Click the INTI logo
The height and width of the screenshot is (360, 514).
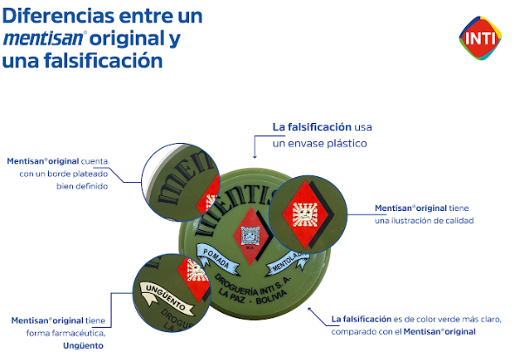click(480, 38)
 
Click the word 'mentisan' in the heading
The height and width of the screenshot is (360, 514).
click(44, 38)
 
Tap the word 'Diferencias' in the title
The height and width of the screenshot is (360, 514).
click(58, 16)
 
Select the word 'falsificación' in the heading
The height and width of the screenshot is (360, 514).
click(103, 61)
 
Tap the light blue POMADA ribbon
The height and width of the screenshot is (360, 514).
click(217, 258)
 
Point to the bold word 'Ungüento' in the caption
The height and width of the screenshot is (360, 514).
click(84, 345)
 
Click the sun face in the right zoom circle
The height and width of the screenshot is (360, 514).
click(305, 214)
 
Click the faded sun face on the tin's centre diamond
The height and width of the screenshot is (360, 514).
click(251, 235)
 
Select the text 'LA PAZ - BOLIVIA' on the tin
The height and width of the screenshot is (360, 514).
click(253, 296)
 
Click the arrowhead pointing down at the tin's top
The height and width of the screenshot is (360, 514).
click(254, 156)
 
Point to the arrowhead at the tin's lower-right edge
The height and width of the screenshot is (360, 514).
click(309, 309)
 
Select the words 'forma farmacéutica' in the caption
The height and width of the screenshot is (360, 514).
click(65, 333)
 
